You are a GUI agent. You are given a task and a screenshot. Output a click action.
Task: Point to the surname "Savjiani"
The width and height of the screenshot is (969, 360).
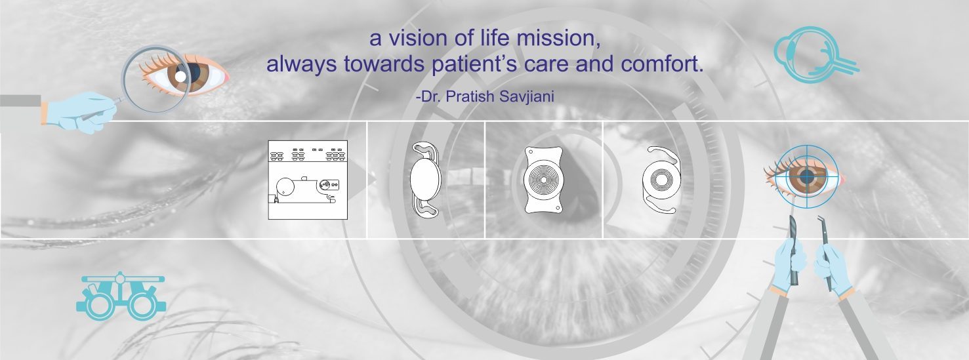tap(526, 97)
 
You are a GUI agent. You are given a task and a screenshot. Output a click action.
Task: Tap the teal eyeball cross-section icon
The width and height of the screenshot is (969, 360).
tap(816, 54)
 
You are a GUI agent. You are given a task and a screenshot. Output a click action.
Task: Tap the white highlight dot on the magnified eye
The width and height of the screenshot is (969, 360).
tap(180, 77)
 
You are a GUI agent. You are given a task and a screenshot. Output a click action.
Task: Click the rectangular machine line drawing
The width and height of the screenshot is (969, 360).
tap(308, 180)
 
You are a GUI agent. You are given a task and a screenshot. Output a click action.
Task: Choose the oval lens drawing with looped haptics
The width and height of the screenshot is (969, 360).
tap(426, 179)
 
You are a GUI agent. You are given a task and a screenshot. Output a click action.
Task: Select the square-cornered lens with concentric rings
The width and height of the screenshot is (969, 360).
tap(544, 180)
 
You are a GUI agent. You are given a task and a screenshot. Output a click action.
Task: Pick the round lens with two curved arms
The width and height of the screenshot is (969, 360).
tap(661, 180)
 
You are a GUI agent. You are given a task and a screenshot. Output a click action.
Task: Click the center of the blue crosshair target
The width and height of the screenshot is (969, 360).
tap(806, 177)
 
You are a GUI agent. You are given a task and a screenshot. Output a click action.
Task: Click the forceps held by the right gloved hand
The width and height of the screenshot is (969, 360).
tap(824, 253)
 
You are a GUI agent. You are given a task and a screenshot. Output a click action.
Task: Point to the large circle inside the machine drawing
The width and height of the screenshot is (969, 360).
tap(285, 187)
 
